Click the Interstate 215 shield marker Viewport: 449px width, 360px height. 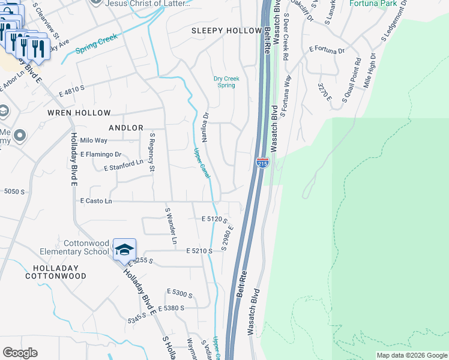(x=262, y=163)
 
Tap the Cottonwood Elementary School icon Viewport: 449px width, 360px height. (x=124, y=250)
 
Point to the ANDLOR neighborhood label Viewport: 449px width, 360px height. (x=126, y=128)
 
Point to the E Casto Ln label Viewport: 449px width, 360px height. (x=96, y=202)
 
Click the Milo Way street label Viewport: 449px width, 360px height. (x=94, y=140)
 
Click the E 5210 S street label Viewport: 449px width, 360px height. (x=199, y=250)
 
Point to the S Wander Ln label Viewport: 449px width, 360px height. (x=171, y=226)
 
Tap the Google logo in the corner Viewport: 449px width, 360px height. (x=20, y=353)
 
